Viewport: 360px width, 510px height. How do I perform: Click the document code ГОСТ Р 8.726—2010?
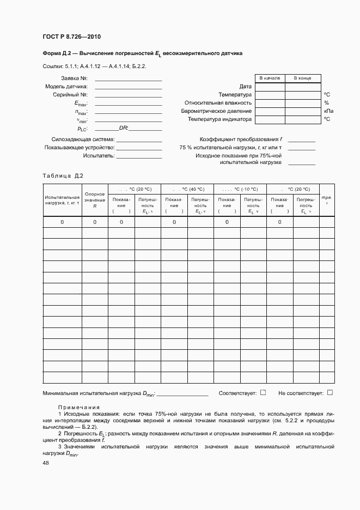coord(71,37)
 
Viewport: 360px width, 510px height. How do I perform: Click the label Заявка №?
coord(77,78)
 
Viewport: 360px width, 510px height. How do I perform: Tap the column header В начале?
coord(270,78)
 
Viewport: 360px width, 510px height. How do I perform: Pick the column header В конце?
coord(303,78)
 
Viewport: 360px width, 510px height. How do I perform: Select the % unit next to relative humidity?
coord(326,102)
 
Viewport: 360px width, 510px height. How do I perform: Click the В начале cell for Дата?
coord(270,87)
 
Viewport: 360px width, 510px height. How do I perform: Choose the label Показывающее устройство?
coord(79,148)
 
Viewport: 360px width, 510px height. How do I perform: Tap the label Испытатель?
coord(99,156)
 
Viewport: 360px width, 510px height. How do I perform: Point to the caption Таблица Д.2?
coord(63,175)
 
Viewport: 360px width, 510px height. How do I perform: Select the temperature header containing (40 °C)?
coord(188,189)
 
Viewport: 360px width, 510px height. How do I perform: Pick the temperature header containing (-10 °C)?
coord(241,189)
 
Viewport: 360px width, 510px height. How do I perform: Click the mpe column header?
coord(326,200)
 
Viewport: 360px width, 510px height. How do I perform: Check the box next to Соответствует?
coord(263,392)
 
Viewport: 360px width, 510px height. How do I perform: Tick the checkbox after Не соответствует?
coord(330,392)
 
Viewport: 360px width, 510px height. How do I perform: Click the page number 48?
coord(46,463)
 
